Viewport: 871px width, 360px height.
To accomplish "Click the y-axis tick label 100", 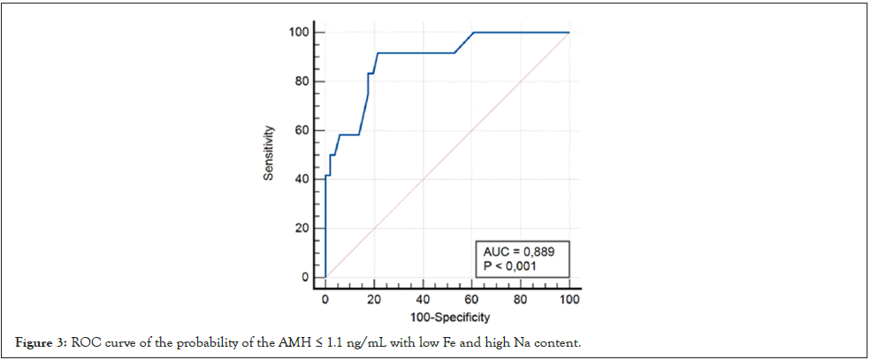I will (x=299, y=33).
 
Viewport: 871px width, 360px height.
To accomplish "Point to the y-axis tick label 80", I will (x=302, y=82).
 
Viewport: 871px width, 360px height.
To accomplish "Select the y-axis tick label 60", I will (x=302, y=131).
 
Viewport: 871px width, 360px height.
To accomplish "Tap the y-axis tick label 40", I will (x=302, y=180).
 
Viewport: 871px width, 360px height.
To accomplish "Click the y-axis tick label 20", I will (x=302, y=229).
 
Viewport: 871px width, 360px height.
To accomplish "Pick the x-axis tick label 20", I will (x=375, y=300).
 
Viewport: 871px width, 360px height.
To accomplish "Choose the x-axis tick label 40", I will (x=424, y=300).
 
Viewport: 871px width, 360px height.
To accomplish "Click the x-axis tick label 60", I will (x=472, y=300).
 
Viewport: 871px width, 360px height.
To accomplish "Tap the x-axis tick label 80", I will (x=521, y=300).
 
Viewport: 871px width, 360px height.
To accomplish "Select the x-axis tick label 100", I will (x=569, y=300).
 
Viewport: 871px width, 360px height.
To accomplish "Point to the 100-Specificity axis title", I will (x=447, y=317).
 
